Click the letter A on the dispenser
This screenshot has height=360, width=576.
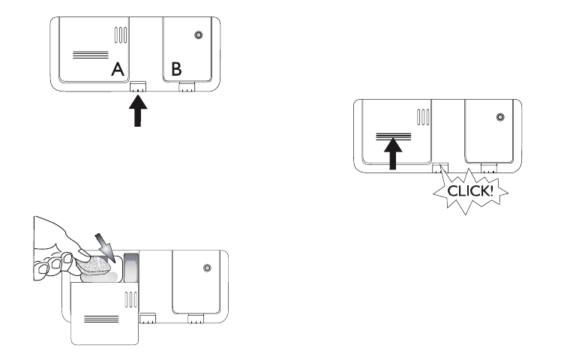click(118, 70)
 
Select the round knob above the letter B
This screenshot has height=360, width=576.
click(197, 34)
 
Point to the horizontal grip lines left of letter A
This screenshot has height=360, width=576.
click(88, 54)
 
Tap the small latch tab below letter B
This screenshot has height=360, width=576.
click(187, 86)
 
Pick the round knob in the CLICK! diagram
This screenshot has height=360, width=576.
click(501, 116)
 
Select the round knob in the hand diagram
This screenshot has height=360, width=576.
click(205, 267)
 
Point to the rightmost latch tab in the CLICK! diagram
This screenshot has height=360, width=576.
click(489, 168)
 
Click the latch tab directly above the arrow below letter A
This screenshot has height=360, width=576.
click(137, 86)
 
